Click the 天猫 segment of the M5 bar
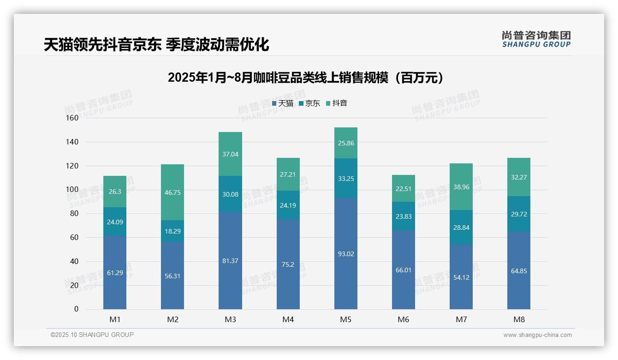(x=345, y=253)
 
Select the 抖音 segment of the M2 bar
(x=172, y=192)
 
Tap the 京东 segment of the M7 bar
(x=461, y=228)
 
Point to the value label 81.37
(x=230, y=261)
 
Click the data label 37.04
(x=230, y=154)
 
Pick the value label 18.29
(x=172, y=231)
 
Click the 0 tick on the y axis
(x=76, y=309)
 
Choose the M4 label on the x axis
(x=288, y=319)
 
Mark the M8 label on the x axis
(x=519, y=319)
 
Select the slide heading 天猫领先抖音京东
(x=156, y=45)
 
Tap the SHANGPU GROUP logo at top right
(x=536, y=39)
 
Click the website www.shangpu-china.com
(x=537, y=335)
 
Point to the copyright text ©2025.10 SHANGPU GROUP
(x=92, y=335)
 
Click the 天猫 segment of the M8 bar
(x=519, y=271)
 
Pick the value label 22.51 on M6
(x=404, y=188)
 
